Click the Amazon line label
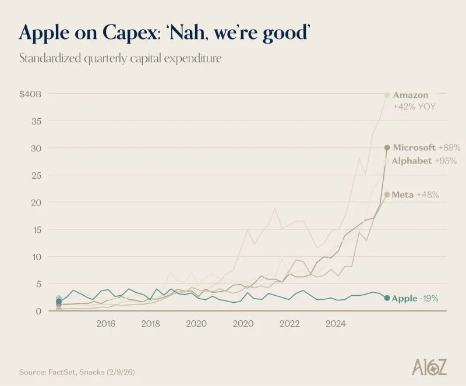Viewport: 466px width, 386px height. click(411, 95)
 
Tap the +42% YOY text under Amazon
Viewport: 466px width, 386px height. click(414, 107)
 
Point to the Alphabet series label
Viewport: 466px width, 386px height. click(412, 161)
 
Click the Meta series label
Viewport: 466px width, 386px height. click(403, 194)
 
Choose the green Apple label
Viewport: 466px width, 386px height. click(404, 299)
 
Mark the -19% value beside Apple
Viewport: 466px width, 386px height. click(429, 299)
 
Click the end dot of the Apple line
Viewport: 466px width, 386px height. click(387, 298)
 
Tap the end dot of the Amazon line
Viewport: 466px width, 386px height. click(387, 95)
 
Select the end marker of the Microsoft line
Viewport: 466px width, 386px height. click(387, 148)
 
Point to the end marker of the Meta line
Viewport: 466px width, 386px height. click(387, 194)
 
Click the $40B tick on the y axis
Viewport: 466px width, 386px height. click(30, 94)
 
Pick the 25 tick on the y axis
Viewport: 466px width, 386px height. click(36, 175)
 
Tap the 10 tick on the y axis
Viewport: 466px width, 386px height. click(36, 257)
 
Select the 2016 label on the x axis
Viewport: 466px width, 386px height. click(105, 323)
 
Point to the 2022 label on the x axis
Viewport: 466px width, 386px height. click(290, 323)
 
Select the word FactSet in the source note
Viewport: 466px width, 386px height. click(60, 371)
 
